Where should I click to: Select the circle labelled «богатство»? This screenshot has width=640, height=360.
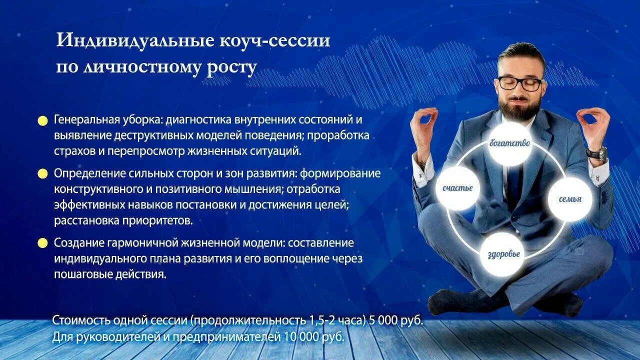[x=509, y=144]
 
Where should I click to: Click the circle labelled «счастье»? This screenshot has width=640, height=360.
[x=457, y=188]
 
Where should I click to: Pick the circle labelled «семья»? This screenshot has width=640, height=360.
[x=570, y=199]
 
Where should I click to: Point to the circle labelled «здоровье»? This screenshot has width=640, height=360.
[x=503, y=254]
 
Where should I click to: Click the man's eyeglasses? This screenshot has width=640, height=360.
[x=520, y=83]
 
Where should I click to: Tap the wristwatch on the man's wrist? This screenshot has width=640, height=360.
[x=596, y=153]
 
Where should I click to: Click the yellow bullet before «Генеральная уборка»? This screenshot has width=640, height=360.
[x=43, y=120]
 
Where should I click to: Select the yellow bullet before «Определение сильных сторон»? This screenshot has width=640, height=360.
[x=43, y=174]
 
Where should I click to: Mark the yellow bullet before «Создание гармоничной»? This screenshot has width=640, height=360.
[x=43, y=243]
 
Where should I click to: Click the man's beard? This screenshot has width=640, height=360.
[x=520, y=107]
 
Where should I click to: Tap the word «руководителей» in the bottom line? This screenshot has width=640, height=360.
[x=106, y=337]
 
